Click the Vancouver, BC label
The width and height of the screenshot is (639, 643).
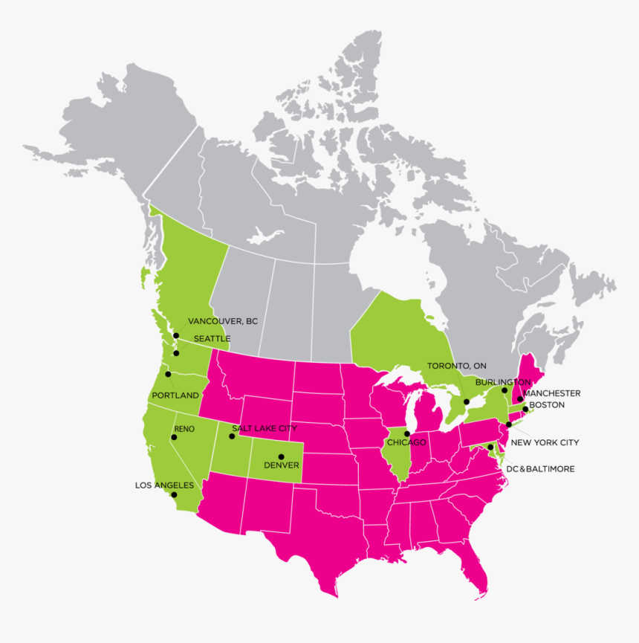222,321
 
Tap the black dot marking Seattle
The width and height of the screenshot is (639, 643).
176,353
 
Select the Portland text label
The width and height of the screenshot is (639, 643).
175,395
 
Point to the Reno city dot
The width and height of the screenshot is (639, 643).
174,437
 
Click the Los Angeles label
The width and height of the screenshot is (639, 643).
164,485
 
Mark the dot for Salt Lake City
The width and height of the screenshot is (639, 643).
232,436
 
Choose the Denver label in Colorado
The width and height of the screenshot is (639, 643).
282,465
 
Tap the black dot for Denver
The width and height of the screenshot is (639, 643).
281,456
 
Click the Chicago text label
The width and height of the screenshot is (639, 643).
406,442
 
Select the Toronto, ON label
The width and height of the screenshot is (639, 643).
456,366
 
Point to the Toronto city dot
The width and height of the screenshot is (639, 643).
466,402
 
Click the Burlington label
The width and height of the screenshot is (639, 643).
503,381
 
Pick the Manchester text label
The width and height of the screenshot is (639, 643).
551,393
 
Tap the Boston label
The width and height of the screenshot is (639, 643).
548,405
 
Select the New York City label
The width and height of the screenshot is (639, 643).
545,442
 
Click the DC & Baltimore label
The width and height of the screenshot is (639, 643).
541,469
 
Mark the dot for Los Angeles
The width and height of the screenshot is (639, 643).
174,494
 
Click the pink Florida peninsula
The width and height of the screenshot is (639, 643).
476,572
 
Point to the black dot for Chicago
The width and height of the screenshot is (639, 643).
406,433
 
